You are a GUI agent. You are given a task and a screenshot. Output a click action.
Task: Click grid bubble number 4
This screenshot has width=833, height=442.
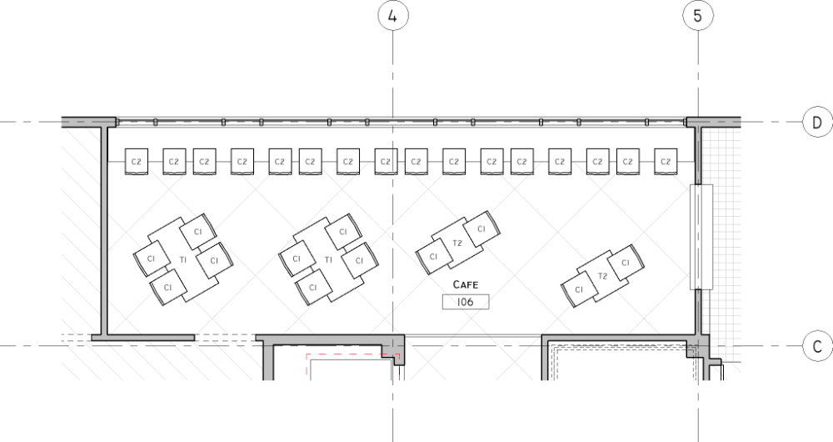(x=392, y=16)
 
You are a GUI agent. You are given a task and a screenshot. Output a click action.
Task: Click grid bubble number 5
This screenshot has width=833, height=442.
(x=697, y=16)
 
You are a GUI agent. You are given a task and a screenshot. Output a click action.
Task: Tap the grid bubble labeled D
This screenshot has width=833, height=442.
(x=817, y=122)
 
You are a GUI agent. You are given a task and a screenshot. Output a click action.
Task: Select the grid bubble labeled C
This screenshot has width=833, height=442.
(x=817, y=346)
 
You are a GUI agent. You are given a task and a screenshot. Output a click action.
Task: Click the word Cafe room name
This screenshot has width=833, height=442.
(x=466, y=284)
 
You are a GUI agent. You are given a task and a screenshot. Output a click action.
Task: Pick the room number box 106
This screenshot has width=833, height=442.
(x=466, y=302)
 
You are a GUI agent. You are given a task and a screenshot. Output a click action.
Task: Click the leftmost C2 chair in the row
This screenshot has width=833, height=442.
(x=137, y=162)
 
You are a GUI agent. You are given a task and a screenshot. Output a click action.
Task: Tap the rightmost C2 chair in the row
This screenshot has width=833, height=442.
(x=666, y=162)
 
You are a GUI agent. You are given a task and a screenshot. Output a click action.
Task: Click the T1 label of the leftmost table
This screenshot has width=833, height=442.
(x=183, y=260)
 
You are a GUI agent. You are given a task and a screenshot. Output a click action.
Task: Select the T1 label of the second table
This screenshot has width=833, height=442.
(x=328, y=260)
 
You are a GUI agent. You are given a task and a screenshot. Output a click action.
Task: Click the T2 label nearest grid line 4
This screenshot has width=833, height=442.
(x=456, y=243)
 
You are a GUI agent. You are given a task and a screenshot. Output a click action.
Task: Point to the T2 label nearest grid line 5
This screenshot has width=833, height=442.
(x=602, y=276)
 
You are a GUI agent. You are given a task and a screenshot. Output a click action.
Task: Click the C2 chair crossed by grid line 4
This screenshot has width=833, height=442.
(x=386, y=162)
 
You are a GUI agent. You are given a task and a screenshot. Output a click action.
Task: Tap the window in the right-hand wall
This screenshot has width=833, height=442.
(x=701, y=237)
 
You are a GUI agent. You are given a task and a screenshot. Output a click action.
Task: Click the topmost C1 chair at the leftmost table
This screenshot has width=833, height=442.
(x=198, y=231)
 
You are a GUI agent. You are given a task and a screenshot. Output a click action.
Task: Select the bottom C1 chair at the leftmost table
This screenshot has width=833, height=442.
(x=168, y=287)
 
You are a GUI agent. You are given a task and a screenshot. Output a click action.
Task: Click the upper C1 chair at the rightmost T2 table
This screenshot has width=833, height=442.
(x=626, y=263)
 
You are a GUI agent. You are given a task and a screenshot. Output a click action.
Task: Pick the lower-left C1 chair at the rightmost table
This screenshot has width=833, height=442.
(x=579, y=289)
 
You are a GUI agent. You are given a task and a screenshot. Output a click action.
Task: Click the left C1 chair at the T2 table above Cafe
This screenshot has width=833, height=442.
(x=433, y=256)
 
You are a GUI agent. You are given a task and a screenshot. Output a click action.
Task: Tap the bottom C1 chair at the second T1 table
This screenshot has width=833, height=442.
(x=313, y=287)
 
